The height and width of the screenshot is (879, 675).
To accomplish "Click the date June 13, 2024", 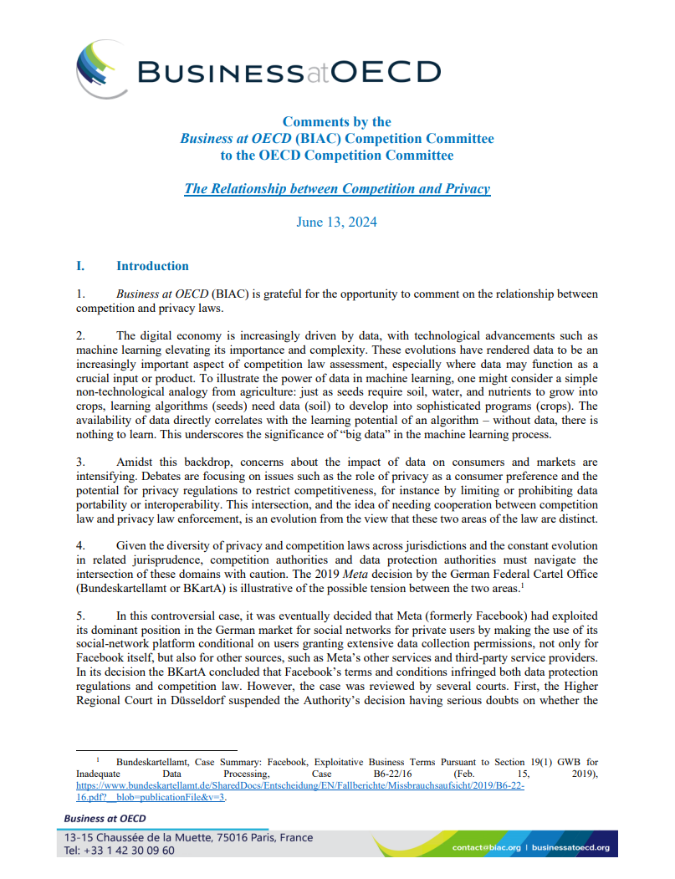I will (336, 222).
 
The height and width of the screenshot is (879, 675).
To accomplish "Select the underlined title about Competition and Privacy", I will (336, 188).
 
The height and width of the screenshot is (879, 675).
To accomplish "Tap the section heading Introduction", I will (152, 266).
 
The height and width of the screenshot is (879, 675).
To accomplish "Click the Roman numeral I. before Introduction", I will (80, 266).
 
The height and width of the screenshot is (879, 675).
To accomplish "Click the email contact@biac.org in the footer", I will (486, 848).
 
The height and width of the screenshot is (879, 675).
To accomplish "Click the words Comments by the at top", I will (336, 122).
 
